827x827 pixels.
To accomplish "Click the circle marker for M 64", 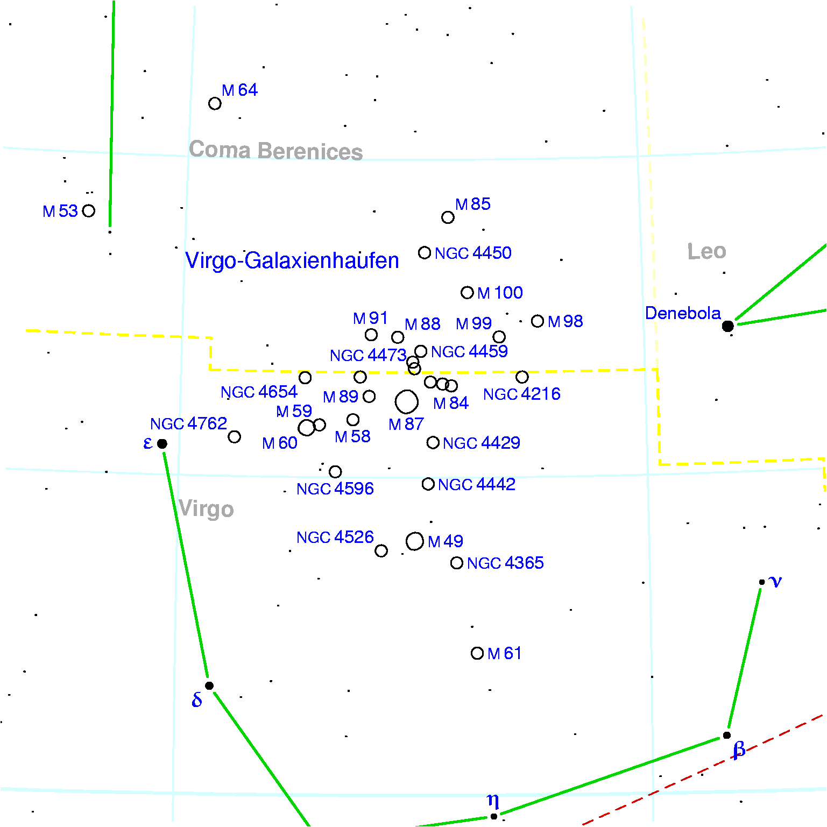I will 215,103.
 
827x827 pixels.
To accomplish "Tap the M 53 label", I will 60,211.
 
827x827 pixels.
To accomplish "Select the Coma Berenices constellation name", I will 275,151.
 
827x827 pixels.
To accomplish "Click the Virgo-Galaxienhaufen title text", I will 292,260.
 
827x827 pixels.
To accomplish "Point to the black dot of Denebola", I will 728,326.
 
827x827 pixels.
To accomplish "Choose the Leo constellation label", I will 706,251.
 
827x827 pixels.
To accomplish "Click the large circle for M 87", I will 406,401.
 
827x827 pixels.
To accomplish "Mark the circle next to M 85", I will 448,217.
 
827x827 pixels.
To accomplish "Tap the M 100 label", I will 500,293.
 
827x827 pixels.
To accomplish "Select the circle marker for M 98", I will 538,321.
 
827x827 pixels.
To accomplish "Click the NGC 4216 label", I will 521,394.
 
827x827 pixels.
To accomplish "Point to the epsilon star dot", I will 162,444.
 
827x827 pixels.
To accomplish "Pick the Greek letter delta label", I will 197,699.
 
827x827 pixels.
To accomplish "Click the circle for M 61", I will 477,653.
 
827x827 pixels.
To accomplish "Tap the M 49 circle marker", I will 415,541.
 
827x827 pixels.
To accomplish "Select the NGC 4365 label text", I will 505,563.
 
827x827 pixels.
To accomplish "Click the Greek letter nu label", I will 775,581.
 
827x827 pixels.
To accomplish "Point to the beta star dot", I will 727,735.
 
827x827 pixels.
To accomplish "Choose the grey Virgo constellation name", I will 206,509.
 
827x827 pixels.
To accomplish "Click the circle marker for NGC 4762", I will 234,437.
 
